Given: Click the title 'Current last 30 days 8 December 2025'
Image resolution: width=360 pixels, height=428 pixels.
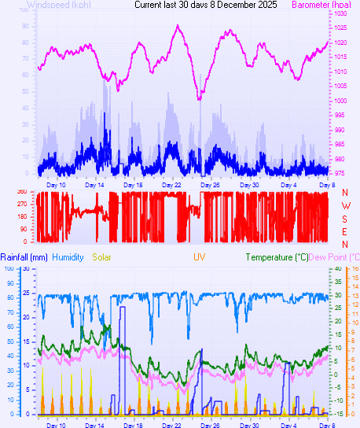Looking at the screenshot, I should [x=205, y=5].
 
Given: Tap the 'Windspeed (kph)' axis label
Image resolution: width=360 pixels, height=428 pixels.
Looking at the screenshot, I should [x=58, y=5].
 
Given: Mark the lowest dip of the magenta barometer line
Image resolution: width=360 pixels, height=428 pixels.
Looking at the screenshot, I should [x=200, y=98].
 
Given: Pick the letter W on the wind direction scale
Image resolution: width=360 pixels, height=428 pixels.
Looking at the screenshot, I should [x=344, y=205].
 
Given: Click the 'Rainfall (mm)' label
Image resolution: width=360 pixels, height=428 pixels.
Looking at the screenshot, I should [x=24, y=257].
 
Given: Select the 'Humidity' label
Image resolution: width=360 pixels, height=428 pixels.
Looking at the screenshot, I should [x=68, y=257].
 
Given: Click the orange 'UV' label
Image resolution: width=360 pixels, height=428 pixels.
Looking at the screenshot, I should [x=200, y=257].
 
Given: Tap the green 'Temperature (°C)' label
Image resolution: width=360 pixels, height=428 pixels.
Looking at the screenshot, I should [x=277, y=257].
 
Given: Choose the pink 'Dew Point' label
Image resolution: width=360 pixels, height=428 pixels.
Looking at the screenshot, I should [x=333, y=257].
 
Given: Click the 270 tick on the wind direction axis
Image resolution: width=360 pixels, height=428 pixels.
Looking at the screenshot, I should [x=21, y=204].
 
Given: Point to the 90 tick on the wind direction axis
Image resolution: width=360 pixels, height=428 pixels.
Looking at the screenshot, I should [x=23, y=228].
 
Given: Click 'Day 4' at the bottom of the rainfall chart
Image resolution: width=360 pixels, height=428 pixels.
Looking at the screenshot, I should [x=289, y=424].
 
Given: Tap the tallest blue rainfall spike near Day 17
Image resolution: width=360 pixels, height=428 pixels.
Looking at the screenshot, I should [x=122, y=308].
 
